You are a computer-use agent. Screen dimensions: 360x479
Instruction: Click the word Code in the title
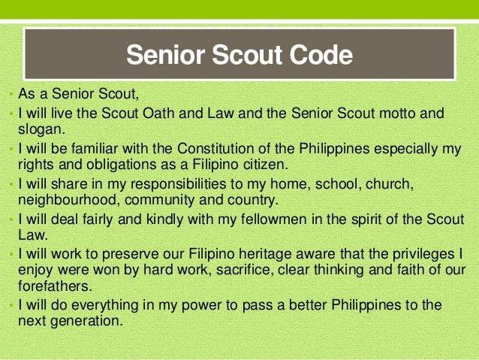[x=318, y=56]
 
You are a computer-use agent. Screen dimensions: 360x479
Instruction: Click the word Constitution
[x=217, y=148]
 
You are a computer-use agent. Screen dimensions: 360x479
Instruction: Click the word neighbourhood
[x=67, y=199]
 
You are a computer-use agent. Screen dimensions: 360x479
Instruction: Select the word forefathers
[x=53, y=286]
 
